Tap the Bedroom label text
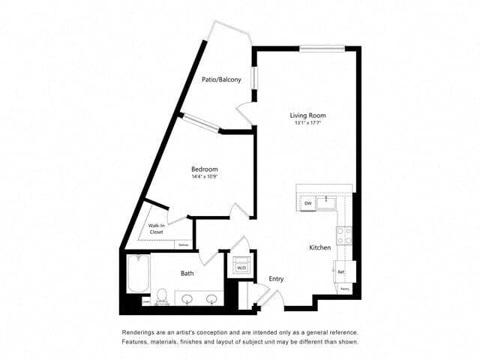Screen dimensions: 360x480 click(x=204, y=169)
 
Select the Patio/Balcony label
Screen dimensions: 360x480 click(x=221, y=79)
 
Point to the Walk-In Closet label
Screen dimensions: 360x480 click(x=156, y=229)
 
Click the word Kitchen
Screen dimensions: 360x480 click(x=320, y=247)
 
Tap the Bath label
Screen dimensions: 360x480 click(x=187, y=274)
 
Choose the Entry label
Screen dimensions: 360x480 click(x=276, y=279)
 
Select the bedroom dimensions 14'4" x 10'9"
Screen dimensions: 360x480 click(x=204, y=178)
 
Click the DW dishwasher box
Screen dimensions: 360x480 click(x=307, y=203)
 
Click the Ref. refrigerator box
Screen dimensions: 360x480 click(x=342, y=271)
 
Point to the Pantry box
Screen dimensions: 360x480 click(x=345, y=289)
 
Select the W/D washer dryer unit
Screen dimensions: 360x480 click(x=241, y=268)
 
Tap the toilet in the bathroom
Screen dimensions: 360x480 click(x=161, y=297)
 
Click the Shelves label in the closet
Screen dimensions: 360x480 click(x=183, y=244)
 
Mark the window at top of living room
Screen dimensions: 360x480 click(x=322, y=49)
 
